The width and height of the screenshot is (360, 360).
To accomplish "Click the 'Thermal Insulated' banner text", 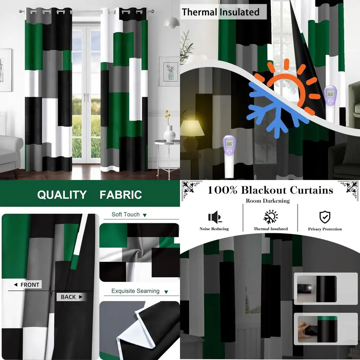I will click(220, 12).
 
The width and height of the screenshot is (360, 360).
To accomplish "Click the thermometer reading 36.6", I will click(330, 94).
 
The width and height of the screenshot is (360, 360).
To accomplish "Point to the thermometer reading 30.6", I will click(229, 143).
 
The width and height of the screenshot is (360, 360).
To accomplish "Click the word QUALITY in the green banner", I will click(62, 195).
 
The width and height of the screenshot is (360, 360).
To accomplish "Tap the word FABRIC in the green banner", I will click(121, 195).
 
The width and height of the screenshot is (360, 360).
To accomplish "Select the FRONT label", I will click(27, 285).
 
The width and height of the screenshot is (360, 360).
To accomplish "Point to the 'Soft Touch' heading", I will click(126, 215).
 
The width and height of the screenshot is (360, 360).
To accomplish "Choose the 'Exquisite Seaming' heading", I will click(135, 291).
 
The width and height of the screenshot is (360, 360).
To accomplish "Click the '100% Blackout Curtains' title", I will click(270, 190).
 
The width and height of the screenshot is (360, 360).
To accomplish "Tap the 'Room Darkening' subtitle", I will click(268, 201).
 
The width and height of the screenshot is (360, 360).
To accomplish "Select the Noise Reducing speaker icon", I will click(214, 217).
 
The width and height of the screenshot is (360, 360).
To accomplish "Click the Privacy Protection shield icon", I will click(325, 217).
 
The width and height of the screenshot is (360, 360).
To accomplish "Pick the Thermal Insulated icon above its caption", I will click(271, 217).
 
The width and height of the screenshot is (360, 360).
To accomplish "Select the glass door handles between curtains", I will click(86, 98).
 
